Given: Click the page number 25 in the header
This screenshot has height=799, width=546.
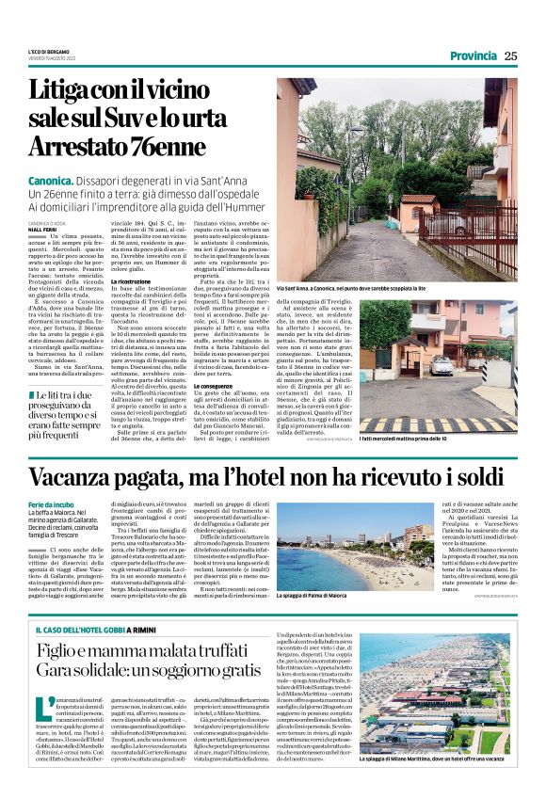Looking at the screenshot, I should tap(510, 56).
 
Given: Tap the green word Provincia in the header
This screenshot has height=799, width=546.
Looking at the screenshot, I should tap(473, 56).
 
